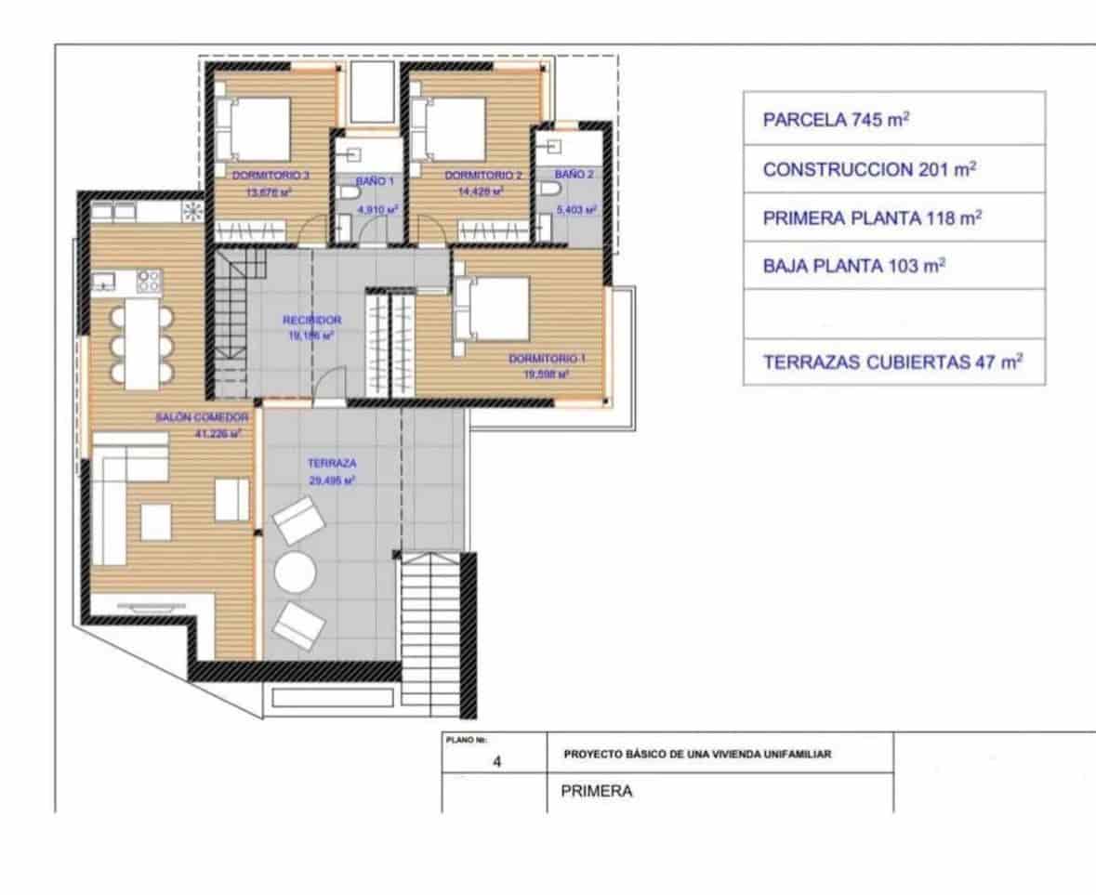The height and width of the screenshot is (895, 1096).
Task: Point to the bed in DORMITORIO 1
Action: pos(489,310)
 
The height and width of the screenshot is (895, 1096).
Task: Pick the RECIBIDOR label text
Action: pos(311,320)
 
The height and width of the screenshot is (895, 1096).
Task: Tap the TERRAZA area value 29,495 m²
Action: pos(333,480)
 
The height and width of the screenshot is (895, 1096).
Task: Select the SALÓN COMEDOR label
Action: pos(202,418)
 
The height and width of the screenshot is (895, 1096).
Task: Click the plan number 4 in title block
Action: pos(497,762)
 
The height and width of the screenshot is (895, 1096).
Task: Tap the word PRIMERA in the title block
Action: pos(597,792)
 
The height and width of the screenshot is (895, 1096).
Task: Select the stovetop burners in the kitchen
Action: pos(149,279)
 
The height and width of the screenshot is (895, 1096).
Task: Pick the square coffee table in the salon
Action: pos(156,522)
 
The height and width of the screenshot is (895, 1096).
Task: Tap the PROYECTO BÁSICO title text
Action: pos(696,754)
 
